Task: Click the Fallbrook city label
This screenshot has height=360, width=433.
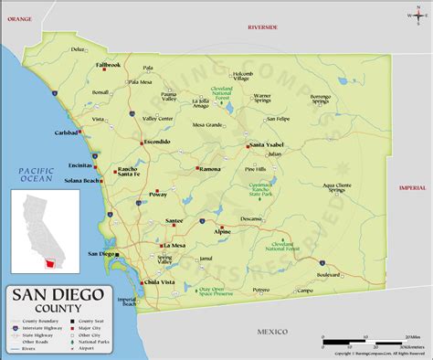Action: click(x=108, y=65)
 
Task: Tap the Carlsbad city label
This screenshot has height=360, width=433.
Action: click(x=66, y=132)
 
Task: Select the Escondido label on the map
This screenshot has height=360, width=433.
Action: click(x=156, y=142)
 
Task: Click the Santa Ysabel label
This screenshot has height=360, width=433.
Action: click(x=269, y=145)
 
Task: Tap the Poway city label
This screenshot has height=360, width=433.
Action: click(x=159, y=195)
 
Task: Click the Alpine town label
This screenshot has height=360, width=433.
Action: click(x=222, y=231)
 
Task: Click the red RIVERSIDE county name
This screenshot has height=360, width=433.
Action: click(x=268, y=28)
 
